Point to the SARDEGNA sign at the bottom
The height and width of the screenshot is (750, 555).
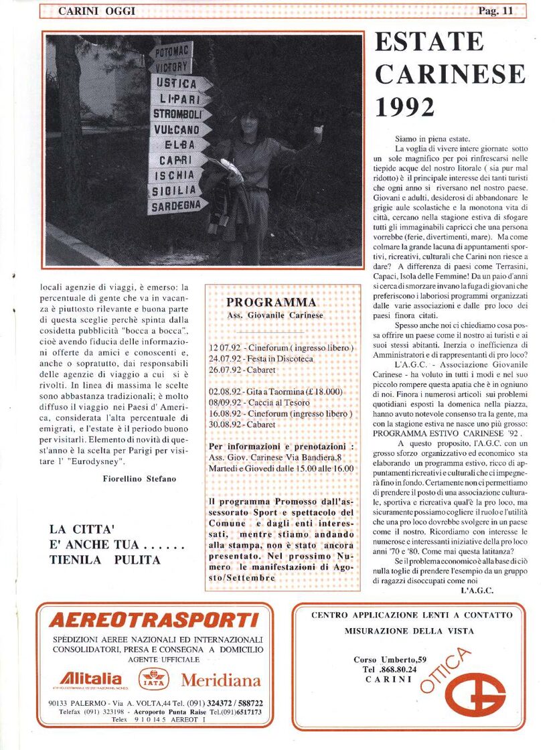point(177,206)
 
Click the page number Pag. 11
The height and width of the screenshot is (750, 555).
point(496,11)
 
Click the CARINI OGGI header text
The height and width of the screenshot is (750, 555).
point(96,11)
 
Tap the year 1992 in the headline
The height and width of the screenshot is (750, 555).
point(404,106)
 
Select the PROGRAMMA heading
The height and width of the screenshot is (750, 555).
point(270,303)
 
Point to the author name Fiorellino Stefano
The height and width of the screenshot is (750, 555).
point(139,478)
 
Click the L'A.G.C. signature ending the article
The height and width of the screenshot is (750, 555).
point(477,590)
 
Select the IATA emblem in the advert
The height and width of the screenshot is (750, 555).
point(153,680)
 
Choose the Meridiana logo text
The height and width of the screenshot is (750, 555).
point(220,680)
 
